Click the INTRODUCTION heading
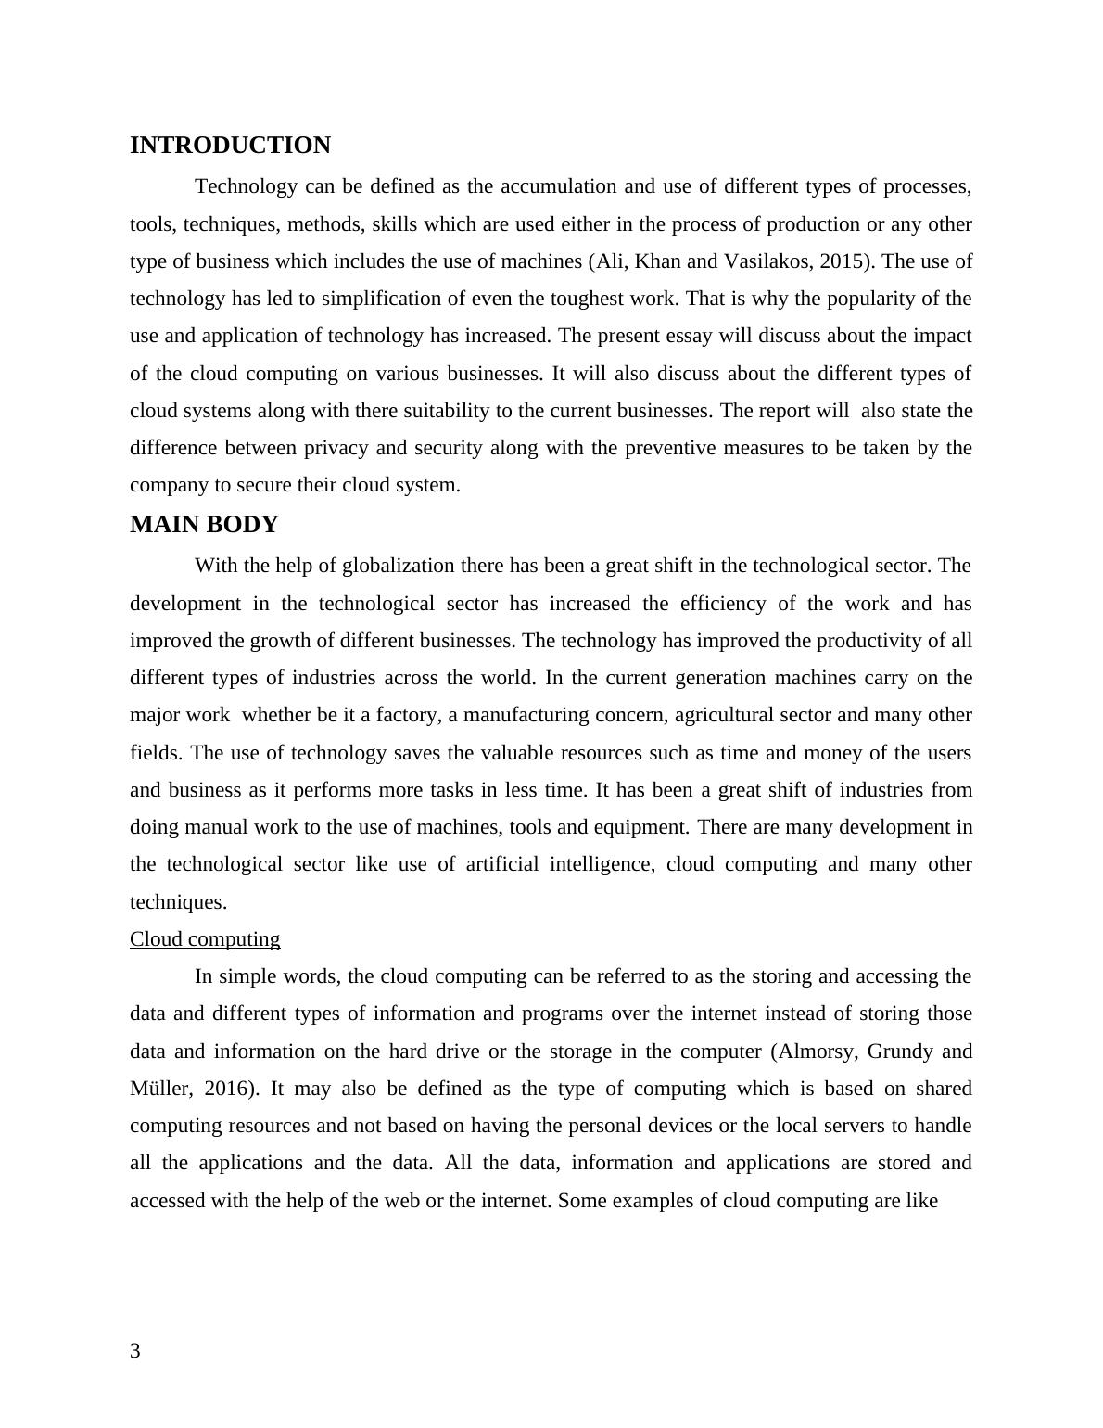click(x=230, y=146)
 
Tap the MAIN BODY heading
click(x=204, y=525)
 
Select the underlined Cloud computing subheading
click(x=205, y=939)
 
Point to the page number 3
click(x=135, y=1351)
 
